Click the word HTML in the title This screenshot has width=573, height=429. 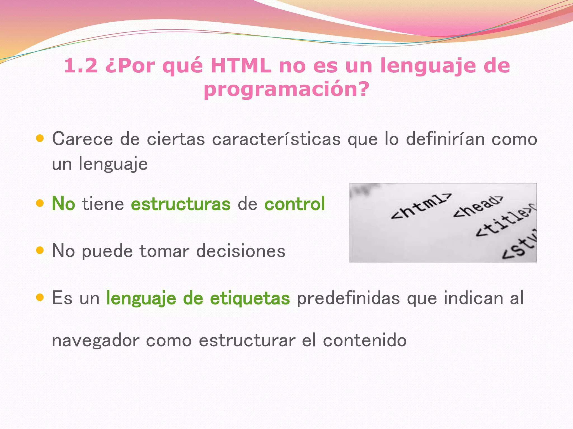click(x=241, y=66)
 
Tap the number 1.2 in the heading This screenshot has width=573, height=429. click(x=81, y=66)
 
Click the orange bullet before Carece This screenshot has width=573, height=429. click(x=40, y=138)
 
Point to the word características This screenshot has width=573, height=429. click(x=276, y=139)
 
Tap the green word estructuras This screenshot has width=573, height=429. click(x=181, y=204)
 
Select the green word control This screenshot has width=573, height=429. click(x=295, y=204)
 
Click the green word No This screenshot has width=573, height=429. click(x=64, y=204)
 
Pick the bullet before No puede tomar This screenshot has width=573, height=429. click(x=40, y=250)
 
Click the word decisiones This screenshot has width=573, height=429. click(x=241, y=251)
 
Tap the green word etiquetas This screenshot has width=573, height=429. click(x=250, y=298)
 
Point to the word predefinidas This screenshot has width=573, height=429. click(x=348, y=298)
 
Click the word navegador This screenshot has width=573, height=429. click(x=95, y=341)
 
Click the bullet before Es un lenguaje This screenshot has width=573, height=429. click(x=40, y=297)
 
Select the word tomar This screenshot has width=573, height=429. click(x=164, y=251)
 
